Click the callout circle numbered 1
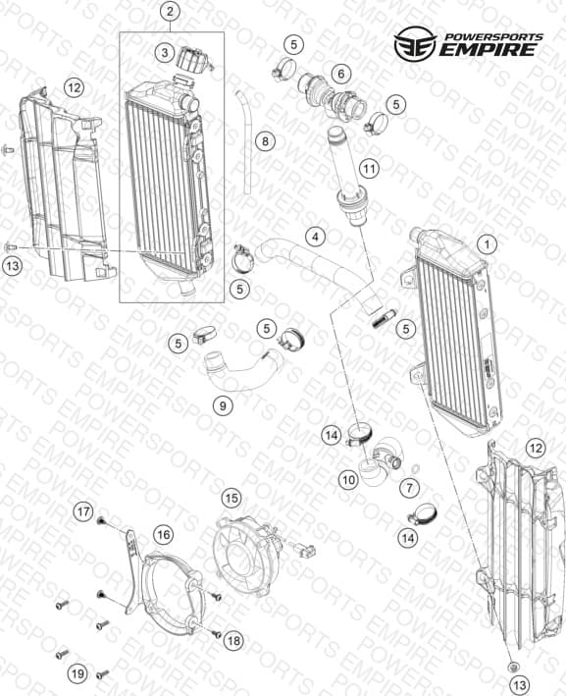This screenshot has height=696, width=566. click(488, 244)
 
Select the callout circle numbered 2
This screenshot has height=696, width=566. click(171, 12)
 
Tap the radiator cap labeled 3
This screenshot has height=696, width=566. click(194, 59)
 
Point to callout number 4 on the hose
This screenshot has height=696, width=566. click(315, 237)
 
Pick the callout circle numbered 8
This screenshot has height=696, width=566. click(265, 141)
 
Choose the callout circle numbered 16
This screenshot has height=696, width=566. click(163, 534)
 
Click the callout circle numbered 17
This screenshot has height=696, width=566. click(83, 511)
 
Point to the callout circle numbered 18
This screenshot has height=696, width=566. click(233, 640)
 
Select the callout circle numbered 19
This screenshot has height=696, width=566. click(77, 673)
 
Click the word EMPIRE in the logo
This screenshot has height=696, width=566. click(488, 49)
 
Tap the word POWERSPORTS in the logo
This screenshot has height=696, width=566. click(493, 37)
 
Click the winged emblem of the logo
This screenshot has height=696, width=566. click(415, 43)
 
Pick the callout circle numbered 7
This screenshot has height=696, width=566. click(409, 488)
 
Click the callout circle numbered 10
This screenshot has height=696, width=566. click(349, 479)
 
